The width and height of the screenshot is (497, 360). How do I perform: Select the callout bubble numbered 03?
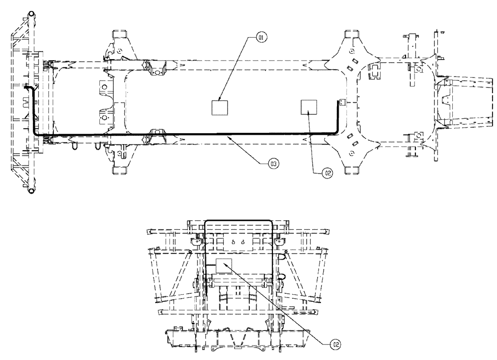[272, 162]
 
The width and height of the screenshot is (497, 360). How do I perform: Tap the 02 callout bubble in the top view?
[327, 173]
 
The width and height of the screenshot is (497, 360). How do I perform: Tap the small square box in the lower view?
[224, 266]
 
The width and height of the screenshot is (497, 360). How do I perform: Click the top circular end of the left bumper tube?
[31, 14]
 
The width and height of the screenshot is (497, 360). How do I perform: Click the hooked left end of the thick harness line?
[28, 88]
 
